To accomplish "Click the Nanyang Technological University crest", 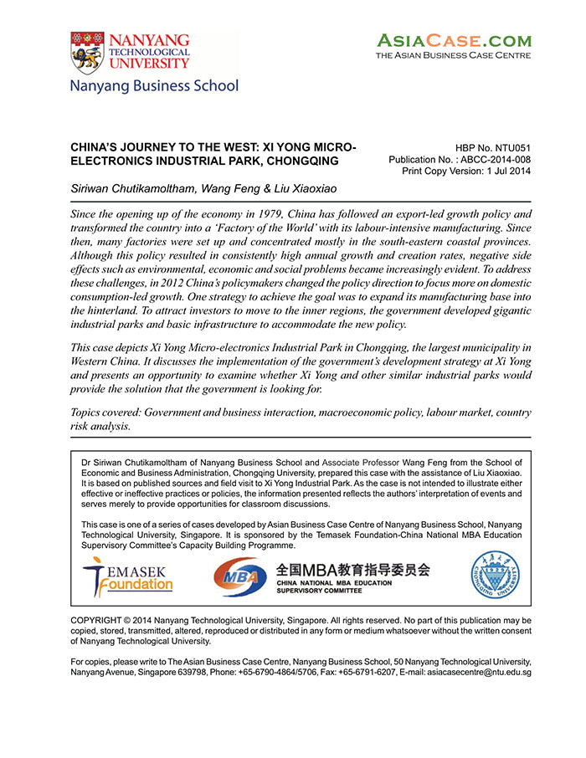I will click(86, 53).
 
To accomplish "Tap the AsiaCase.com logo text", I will click(453, 39).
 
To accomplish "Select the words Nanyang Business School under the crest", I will click(154, 86).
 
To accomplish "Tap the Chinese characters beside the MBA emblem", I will click(353, 570).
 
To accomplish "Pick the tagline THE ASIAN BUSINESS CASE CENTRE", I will click(453, 55).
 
